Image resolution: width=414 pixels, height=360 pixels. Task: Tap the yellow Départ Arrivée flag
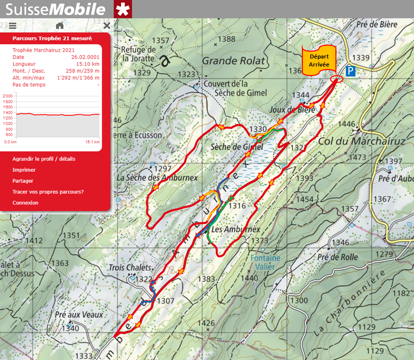318,61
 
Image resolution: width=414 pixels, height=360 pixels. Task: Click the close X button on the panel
107,25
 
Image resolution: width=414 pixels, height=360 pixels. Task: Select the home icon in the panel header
60,25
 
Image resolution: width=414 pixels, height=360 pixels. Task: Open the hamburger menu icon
13,25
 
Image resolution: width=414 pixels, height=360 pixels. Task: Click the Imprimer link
24,170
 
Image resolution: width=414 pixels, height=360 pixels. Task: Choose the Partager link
23,181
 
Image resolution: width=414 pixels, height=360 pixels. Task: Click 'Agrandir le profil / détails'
44,159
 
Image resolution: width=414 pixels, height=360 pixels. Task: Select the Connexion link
26,203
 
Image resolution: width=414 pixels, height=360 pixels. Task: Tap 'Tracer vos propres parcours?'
48,192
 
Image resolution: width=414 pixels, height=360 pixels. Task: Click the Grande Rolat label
233,61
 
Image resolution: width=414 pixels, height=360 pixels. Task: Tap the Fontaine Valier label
265,262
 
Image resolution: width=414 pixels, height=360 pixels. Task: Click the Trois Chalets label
129,268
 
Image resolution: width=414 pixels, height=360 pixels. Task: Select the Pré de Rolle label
337,257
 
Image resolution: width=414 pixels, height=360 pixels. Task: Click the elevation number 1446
346,124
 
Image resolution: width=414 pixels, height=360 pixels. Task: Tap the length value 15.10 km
87,64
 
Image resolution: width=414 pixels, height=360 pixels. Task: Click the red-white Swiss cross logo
123,9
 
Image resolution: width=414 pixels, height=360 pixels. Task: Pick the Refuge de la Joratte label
139,53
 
